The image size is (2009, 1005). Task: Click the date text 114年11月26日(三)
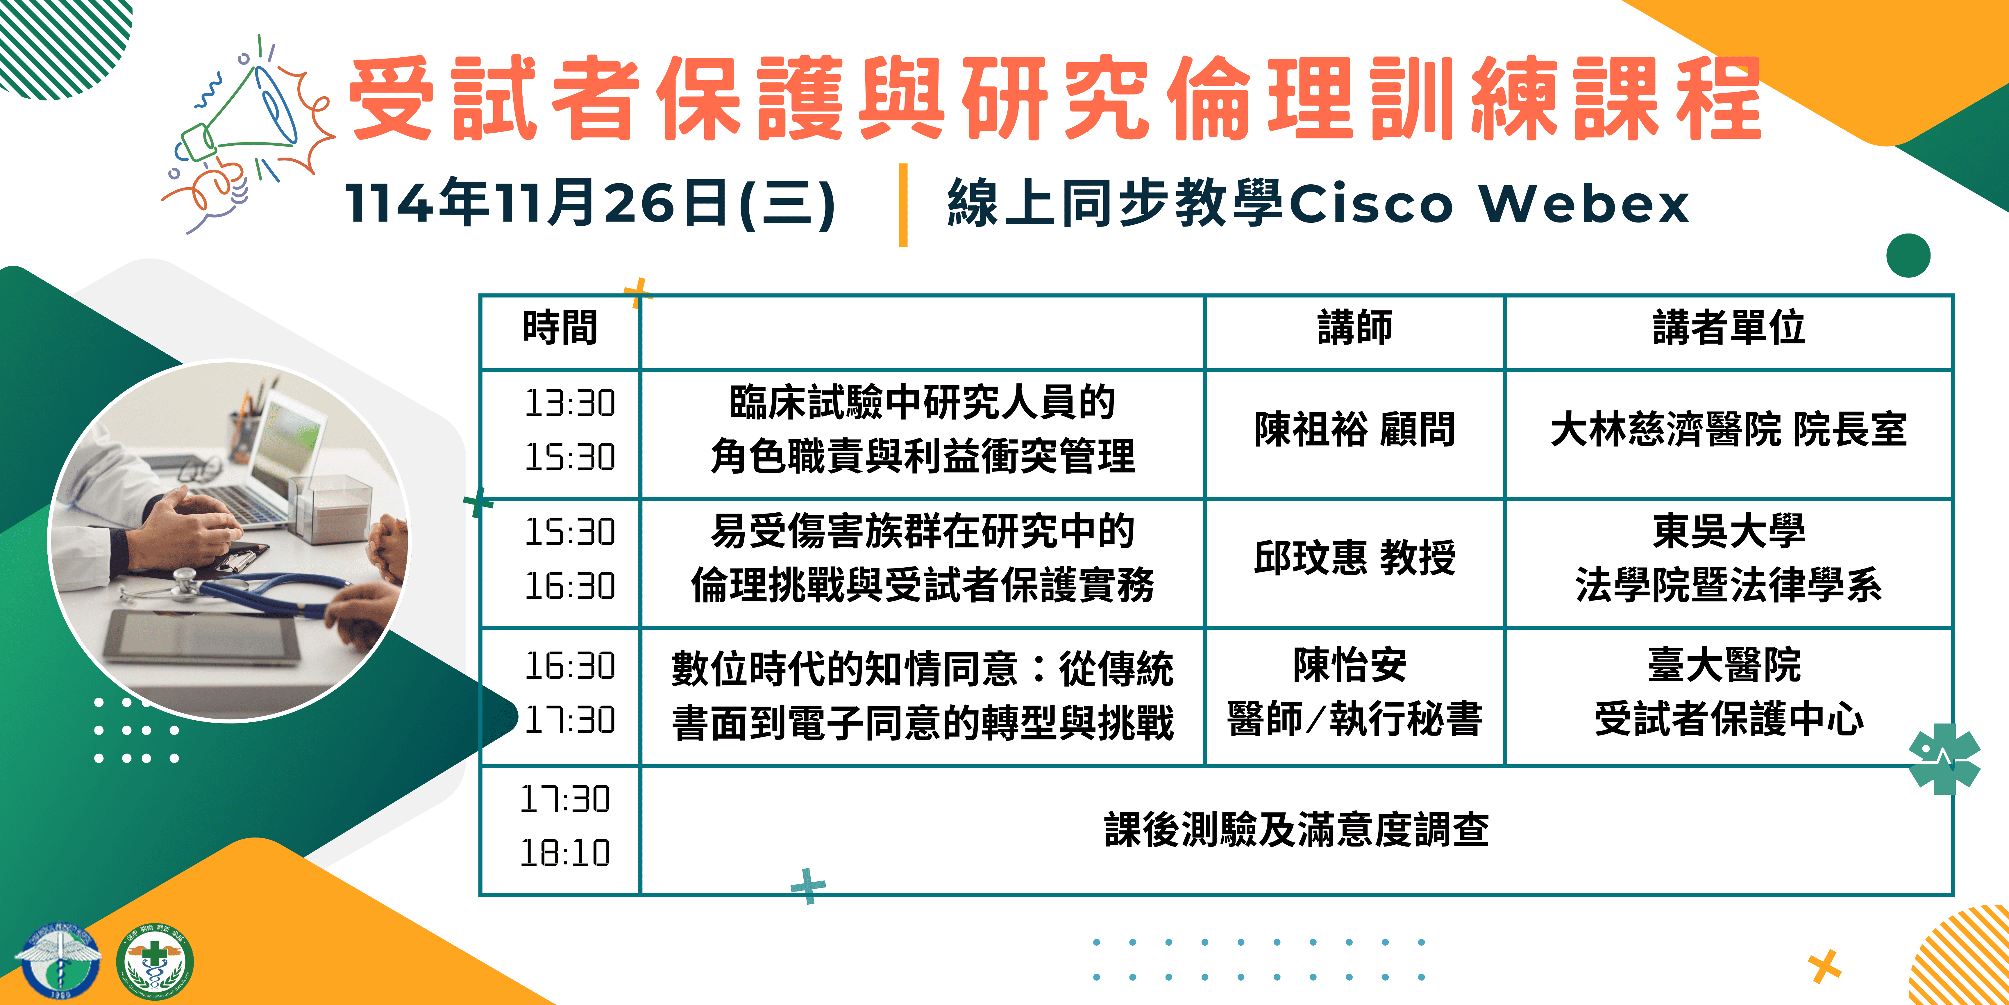coord(590,203)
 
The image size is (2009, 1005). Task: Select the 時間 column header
coord(560,328)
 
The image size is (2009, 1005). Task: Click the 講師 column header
coord(1355,328)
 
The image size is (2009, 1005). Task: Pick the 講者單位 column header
coord(1729,328)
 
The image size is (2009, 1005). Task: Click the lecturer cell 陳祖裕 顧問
coord(1355,430)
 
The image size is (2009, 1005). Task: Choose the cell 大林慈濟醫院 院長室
coord(1729,430)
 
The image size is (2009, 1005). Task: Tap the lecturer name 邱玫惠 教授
coord(1355,559)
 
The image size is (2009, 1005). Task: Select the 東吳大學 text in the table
coord(1729,531)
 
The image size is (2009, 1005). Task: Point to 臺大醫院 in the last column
coord(1725,666)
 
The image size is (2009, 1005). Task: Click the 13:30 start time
coord(570,403)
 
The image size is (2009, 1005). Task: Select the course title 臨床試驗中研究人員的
coord(923,403)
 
